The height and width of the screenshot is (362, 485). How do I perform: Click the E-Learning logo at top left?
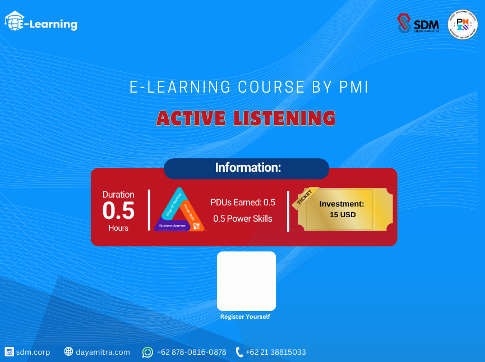41,23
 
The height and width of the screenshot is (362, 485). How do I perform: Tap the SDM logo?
417,24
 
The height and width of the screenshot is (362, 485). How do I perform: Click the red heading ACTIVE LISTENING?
246,118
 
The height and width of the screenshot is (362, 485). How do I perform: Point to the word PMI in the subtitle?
354,88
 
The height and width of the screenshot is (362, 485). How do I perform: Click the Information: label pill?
246,168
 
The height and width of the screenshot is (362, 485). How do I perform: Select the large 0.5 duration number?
118,211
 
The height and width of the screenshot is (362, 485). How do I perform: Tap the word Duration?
118,195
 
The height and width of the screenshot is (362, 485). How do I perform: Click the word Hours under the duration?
118,228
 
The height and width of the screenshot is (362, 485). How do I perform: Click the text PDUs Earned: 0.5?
243,202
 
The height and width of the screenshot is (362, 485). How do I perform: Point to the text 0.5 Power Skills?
243,218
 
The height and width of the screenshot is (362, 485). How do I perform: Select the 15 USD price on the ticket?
343,214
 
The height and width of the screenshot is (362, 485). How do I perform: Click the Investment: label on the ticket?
341,204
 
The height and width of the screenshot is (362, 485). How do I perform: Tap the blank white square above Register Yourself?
246,281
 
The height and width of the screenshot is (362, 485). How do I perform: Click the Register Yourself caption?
245,317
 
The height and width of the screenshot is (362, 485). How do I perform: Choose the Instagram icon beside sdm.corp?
9,352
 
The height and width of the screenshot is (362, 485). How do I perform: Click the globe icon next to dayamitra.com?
68,352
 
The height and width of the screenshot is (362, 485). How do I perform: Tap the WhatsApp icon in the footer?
147,352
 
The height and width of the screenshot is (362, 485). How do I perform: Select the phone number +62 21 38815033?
275,352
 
